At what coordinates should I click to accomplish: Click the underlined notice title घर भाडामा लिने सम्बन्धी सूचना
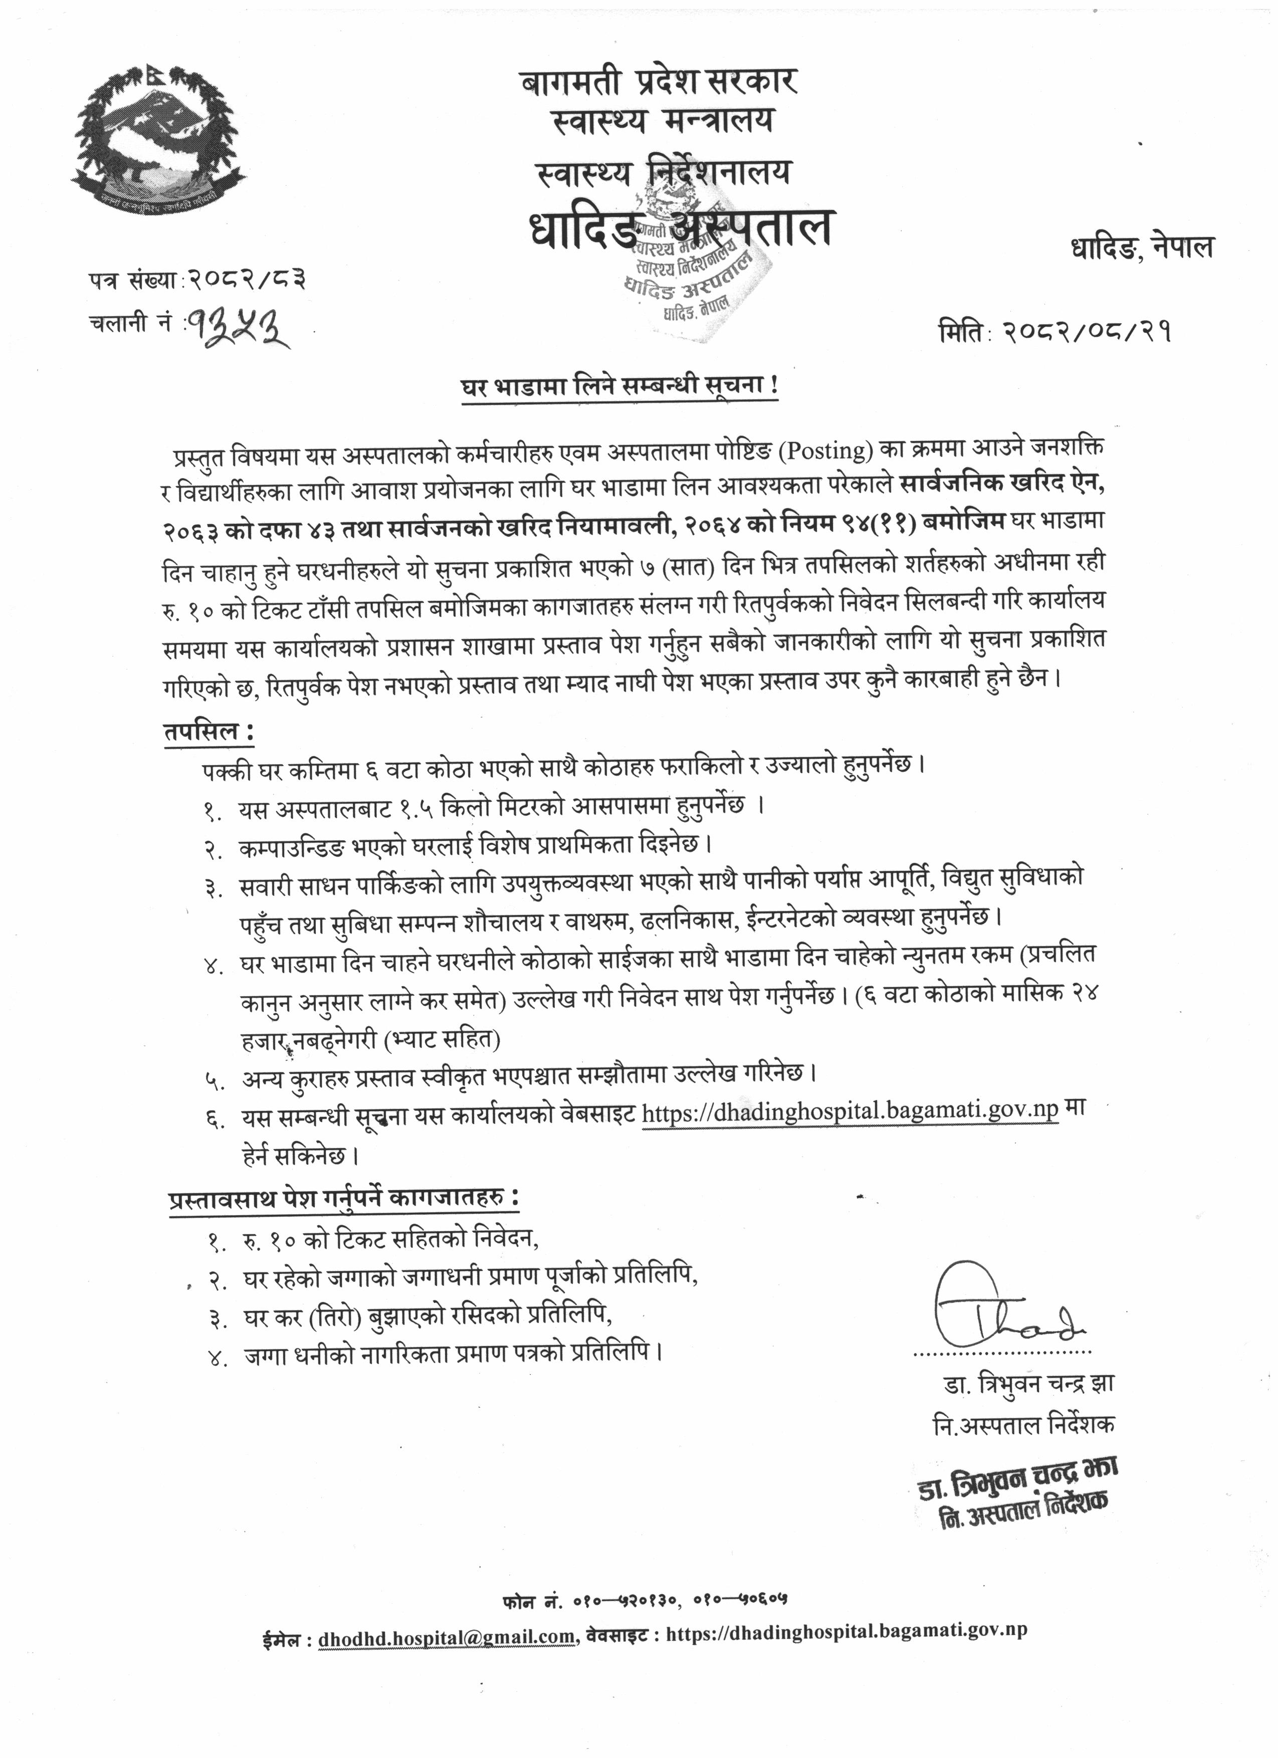pos(618,388)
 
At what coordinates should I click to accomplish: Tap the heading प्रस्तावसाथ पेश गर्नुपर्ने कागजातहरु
pos(343,1199)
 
